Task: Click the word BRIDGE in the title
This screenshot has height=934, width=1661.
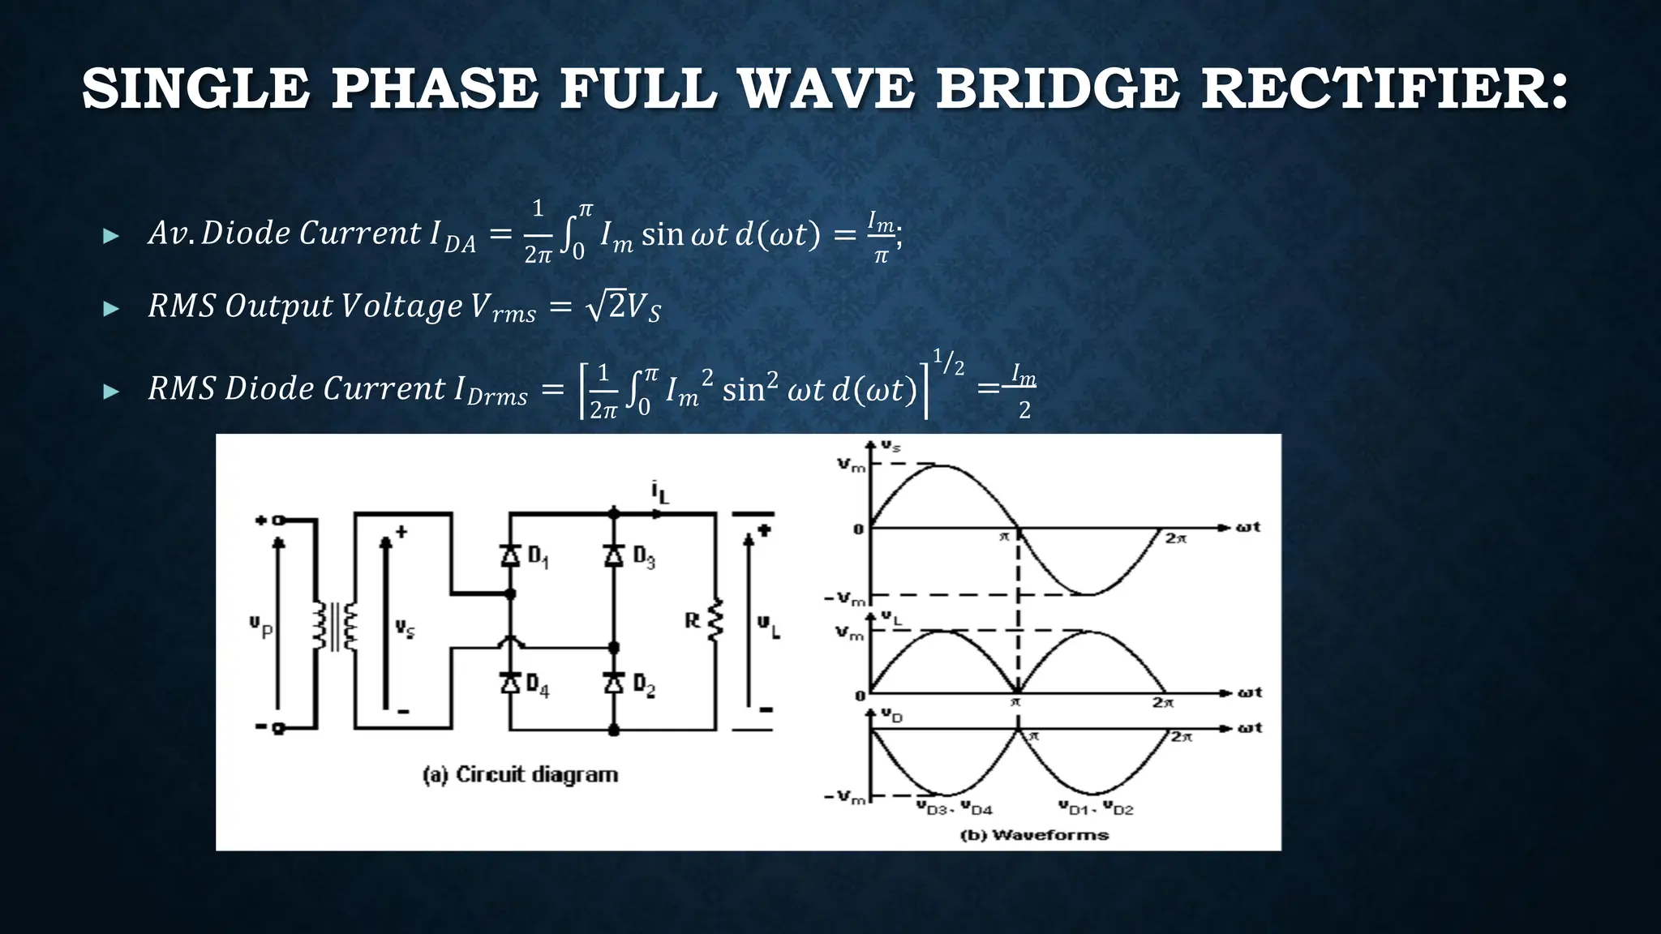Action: pos(1057,88)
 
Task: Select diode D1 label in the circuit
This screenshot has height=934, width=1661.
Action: pos(539,557)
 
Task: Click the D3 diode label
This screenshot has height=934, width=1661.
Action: pos(644,557)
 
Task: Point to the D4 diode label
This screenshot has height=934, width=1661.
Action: pos(537,685)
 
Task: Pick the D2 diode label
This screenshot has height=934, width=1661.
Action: pos(644,685)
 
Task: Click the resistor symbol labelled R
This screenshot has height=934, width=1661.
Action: pos(715,621)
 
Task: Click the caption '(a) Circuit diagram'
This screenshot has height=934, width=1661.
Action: pos(520,775)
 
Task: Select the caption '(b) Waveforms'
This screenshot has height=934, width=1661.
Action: pos(1034,835)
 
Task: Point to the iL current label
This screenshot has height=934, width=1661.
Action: pos(659,491)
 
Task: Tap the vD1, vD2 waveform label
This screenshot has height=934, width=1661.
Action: pos(1095,808)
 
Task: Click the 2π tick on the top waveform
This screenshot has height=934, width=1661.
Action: pos(1175,538)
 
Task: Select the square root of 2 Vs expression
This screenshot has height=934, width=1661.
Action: pos(623,307)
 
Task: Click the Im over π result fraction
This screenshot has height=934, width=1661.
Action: pos(882,238)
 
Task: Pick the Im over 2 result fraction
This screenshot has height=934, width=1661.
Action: pos(1024,392)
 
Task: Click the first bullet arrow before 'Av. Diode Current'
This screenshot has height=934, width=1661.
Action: pos(111,237)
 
